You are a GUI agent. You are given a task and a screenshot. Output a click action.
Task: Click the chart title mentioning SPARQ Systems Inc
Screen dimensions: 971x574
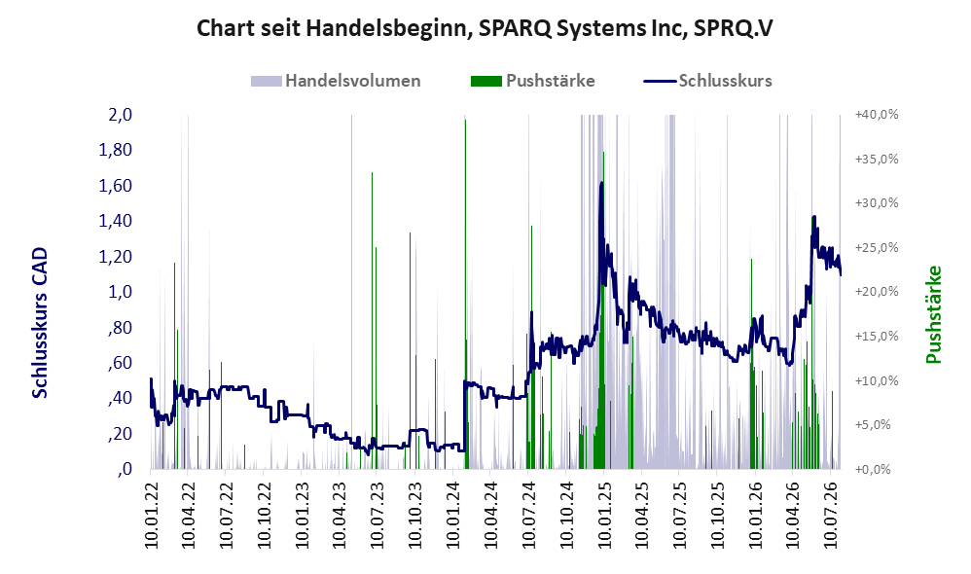pos(485,28)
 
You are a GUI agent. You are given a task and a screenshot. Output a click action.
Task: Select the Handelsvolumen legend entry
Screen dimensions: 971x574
pos(336,81)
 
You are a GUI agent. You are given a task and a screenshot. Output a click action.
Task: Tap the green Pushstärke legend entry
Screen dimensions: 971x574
pos(532,81)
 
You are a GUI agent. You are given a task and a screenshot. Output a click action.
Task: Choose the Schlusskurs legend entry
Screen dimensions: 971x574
pos(707,81)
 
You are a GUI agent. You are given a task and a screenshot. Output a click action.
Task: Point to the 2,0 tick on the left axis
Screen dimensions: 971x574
pos(120,115)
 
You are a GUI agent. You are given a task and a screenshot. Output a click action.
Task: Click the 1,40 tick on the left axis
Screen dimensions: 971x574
pos(115,221)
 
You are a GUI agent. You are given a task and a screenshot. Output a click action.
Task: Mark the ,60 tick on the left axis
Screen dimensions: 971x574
pos(120,362)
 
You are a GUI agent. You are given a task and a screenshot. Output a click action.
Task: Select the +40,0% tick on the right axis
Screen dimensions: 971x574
pos(877,115)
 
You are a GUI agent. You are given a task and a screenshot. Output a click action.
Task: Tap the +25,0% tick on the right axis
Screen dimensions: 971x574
pos(877,248)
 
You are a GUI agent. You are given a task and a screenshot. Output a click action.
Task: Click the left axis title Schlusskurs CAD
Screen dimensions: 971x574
pos(40,323)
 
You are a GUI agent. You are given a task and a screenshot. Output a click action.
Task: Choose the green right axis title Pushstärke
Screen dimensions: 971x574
pos(934,314)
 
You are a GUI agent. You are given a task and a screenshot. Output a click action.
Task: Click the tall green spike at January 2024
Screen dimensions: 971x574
pos(466,294)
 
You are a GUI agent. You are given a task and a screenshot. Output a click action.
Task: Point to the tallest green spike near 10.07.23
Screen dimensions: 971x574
pos(373,321)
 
